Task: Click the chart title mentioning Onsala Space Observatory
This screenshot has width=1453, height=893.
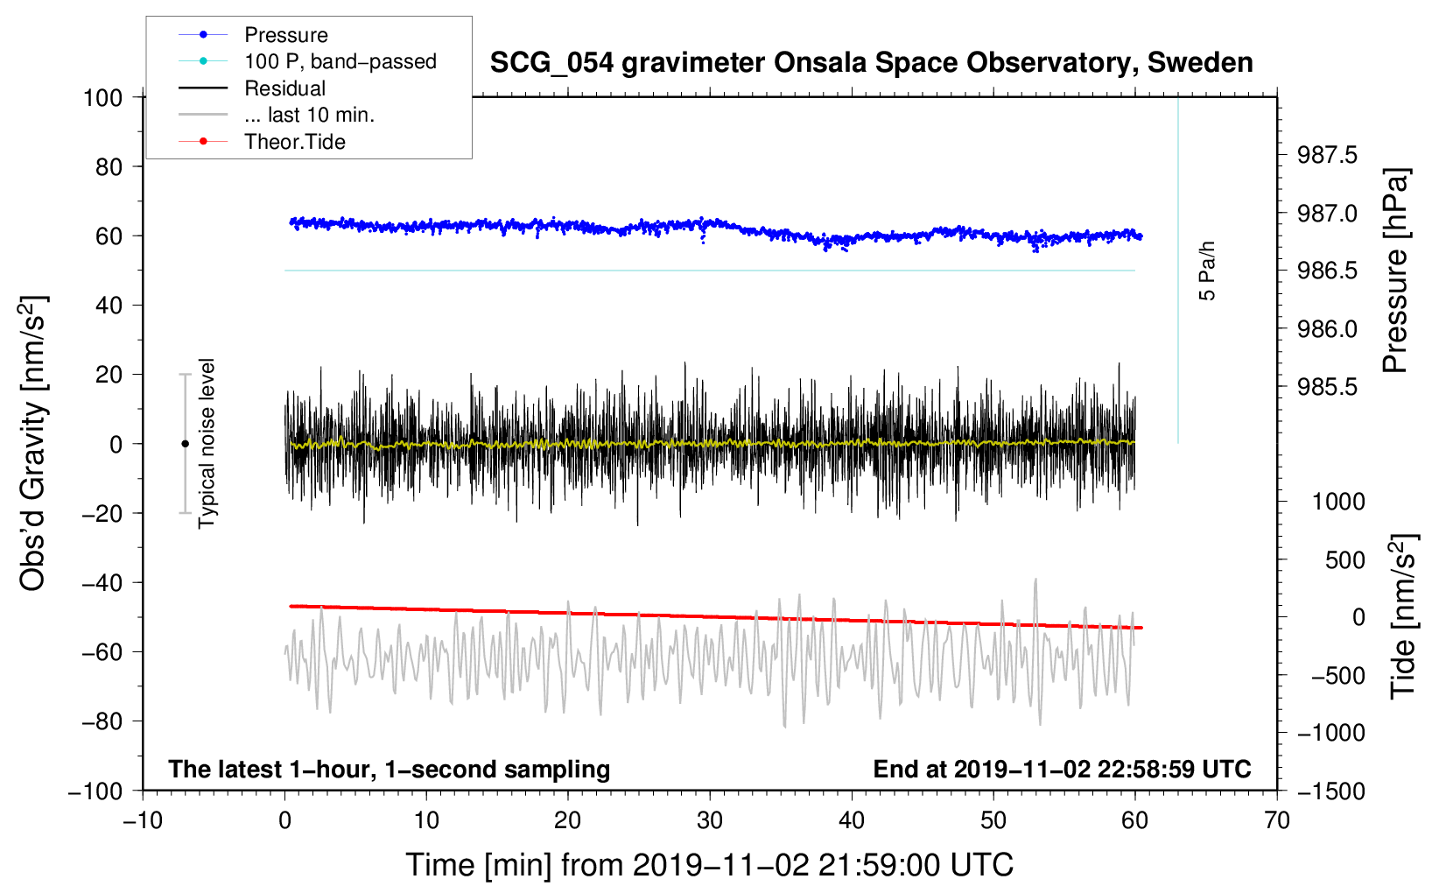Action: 871,63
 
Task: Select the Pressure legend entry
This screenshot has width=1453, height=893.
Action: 286,35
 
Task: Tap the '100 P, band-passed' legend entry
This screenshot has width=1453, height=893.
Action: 340,61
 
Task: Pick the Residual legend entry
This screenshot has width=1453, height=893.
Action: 284,88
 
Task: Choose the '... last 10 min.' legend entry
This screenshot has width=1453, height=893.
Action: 309,115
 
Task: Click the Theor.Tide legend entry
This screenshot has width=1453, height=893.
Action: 295,142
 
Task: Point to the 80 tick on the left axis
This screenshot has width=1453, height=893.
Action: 109,166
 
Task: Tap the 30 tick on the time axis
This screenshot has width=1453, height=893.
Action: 710,820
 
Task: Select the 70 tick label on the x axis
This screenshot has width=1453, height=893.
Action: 1277,820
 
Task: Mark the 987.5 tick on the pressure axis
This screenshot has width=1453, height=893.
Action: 1327,155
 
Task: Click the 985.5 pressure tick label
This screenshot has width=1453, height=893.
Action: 1327,387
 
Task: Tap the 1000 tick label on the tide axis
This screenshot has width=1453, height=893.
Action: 1338,501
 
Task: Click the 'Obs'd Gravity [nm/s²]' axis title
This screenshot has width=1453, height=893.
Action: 33,443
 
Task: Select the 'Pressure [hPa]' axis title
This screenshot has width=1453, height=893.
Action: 1396,271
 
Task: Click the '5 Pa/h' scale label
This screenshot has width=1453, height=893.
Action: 1207,271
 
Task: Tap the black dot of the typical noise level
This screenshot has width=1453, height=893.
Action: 185,444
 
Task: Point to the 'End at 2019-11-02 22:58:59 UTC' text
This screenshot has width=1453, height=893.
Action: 1062,769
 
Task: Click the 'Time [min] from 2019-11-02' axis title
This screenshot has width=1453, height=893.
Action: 710,865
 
